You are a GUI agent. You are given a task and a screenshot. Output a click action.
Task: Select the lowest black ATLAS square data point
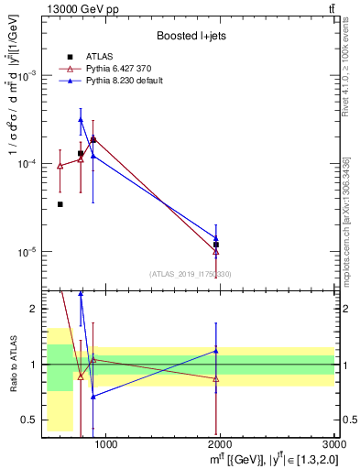tap(60, 204)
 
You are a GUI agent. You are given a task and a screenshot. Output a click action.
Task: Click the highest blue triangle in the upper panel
tap(81, 119)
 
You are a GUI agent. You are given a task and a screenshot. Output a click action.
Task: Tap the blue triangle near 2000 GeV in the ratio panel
tap(216, 351)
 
